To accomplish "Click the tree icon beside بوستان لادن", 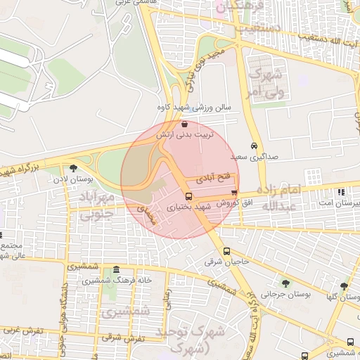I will [x=73, y=169].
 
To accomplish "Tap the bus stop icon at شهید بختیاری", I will [x=188, y=196].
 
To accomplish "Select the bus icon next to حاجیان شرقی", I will [x=226, y=251].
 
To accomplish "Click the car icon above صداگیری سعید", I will [x=254, y=147].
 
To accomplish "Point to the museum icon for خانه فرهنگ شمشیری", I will [x=116, y=271].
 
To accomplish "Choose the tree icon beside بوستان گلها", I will [x=343, y=286].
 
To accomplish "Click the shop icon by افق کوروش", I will [x=234, y=192].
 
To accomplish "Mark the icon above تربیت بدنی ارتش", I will [x=184, y=122].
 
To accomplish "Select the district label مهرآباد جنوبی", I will [x=96, y=202].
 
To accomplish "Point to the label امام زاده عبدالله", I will [x=279, y=198].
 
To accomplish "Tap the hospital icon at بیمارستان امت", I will [x=342, y=192].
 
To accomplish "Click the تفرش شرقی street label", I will [x=123, y=338].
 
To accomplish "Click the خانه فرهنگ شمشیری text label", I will [x=110, y=281].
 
